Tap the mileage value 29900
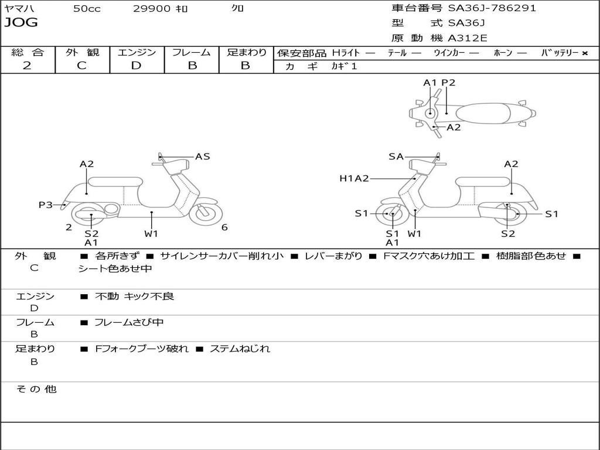click(x=152, y=9)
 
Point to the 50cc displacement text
click(x=87, y=9)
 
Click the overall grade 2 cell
click(x=27, y=66)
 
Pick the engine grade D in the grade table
click(x=136, y=66)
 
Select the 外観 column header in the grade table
click(x=82, y=52)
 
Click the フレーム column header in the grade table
click(x=191, y=52)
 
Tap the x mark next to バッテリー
click(x=585, y=53)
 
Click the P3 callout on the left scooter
click(x=46, y=204)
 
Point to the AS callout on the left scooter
click(x=202, y=156)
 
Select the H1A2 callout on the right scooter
click(x=354, y=179)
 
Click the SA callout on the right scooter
click(x=396, y=156)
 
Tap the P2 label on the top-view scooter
click(x=448, y=83)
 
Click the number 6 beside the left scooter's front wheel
click(x=224, y=227)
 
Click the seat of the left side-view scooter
click(x=115, y=181)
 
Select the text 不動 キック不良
click(x=134, y=296)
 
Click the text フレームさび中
click(x=129, y=322)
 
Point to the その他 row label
click(x=36, y=389)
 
